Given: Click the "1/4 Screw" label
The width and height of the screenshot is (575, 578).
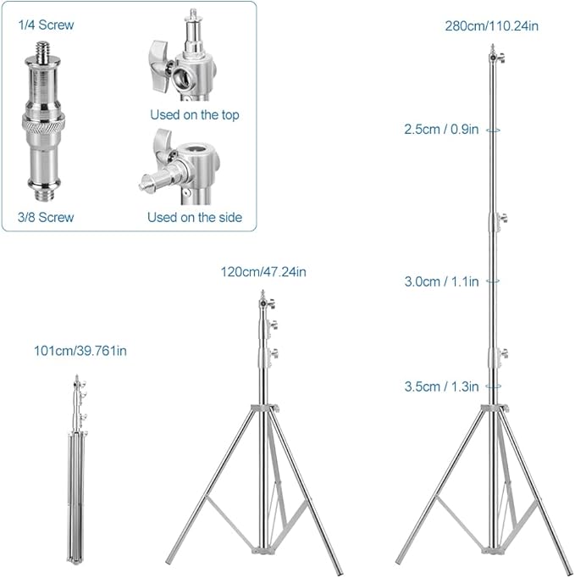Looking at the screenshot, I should point(46,25).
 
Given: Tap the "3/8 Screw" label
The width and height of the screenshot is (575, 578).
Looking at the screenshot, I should point(46,218).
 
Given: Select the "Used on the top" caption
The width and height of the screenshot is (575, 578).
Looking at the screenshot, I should point(195,114).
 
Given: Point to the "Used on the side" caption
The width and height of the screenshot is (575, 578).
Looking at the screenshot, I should point(195,218).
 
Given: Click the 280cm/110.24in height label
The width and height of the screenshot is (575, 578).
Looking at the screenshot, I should point(492,25).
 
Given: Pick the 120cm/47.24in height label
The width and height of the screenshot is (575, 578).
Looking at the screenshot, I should point(263,272).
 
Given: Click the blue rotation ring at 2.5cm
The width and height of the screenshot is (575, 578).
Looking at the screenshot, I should point(493,131).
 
